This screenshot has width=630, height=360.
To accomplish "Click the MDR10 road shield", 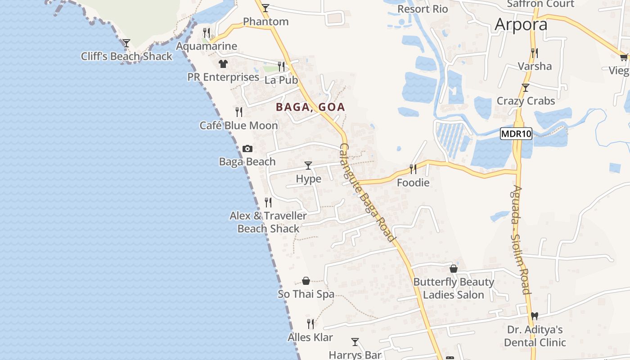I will pos(516,134).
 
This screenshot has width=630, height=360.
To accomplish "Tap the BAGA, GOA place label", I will pos(310,107).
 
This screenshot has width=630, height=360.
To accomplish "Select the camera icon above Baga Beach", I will pos(247,149).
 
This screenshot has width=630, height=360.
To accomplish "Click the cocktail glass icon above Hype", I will pos(308,166).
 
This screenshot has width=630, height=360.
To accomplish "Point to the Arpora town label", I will pos(521,24).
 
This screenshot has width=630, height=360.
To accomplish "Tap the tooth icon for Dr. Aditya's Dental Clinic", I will pos(534,316).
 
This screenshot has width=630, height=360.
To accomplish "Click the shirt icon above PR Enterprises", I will pos(223,64).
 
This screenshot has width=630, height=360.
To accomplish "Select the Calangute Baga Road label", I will pos(367,193).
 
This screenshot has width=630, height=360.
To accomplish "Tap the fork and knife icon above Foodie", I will pos(413,169).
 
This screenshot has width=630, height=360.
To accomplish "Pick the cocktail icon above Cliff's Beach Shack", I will pos(126,43).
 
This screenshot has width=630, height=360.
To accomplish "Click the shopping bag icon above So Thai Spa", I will pos(306,281).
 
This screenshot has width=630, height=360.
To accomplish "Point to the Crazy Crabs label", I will pos(526,101).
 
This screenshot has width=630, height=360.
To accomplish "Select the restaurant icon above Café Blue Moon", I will pos(239,112).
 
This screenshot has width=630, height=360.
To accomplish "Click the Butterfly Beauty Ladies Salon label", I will pos(454,288).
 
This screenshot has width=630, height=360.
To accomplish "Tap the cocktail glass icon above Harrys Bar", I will pos(355,342).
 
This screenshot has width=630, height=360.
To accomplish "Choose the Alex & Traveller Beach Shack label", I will pos(268,222).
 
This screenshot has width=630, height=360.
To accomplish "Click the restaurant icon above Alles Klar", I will pos(310,324).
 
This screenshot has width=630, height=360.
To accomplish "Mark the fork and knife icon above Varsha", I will pos(534,53).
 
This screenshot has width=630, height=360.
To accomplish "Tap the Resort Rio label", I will pos(423,9).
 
